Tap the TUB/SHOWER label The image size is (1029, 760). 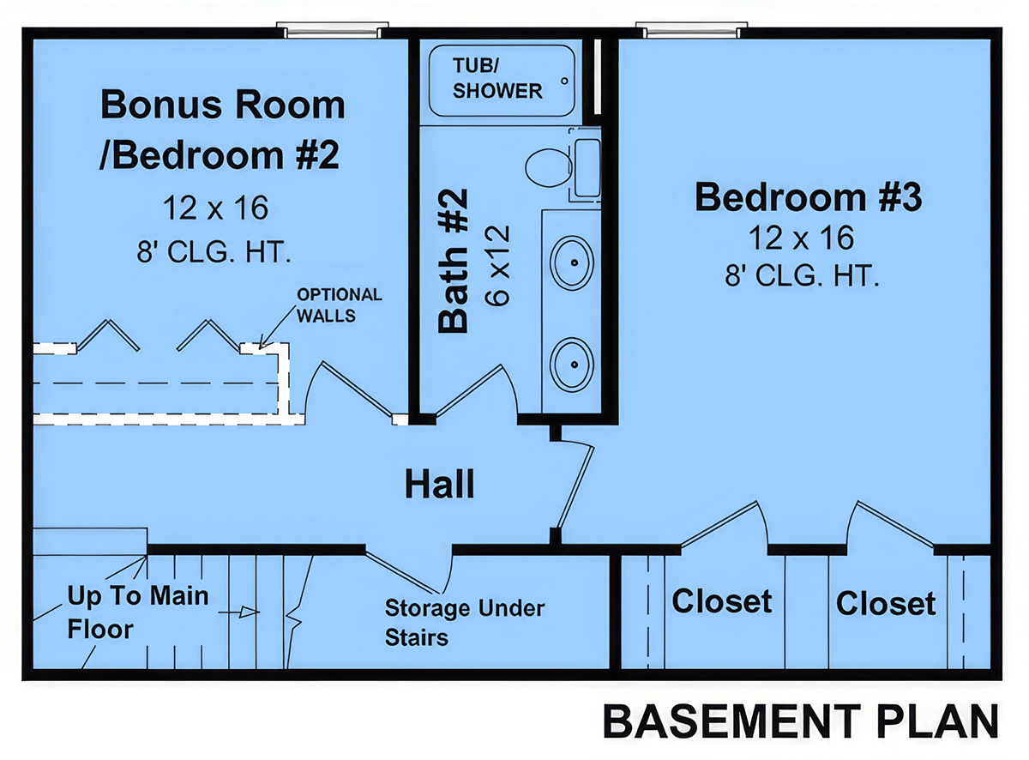(x=497, y=78)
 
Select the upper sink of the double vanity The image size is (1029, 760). (x=571, y=262)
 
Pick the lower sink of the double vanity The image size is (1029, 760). (x=571, y=364)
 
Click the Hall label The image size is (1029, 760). (x=439, y=485)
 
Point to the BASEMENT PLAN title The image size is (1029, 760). (x=801, y=721)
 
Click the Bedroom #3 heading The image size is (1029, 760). (x=808, y=197)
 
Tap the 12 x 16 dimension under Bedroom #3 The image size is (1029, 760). (x=801, y=238)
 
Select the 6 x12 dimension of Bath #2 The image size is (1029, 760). (x=498, y=265)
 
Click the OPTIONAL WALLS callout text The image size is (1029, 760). (x=339, y=305)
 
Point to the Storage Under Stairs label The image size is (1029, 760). (x=465, y=623)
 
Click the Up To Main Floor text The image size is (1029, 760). (x=138, y=612)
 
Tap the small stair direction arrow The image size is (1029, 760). (x=239, y=612)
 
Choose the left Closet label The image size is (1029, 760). (x=722, y=601)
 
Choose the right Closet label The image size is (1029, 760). (x=886, y=603)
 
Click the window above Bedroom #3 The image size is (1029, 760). (x=691, y=30)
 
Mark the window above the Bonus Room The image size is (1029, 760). (x=332, y=30)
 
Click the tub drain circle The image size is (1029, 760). (x=564, y=81)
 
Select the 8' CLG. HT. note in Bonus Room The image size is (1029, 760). (x=214, y=252)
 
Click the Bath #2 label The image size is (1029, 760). (x=453, y=261)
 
